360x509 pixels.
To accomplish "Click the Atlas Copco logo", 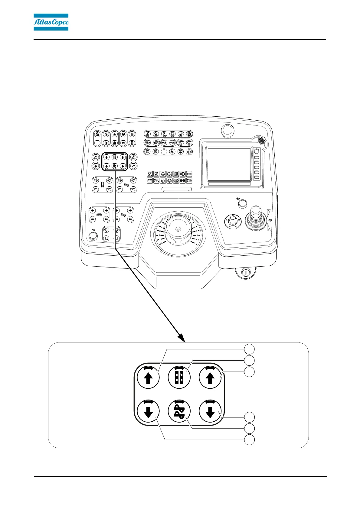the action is (x=51, y=22).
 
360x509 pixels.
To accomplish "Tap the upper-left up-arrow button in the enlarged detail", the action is (x=148, y=378).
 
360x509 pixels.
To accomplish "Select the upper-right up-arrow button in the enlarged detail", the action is (x=210, y=378).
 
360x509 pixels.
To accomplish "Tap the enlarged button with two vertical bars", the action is (x=179, y=378).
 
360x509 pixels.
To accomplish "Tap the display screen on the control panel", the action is (x=229, y=164).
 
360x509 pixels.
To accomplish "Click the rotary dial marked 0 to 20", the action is (x=232, y=219).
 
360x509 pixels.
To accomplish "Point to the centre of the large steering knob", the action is (x=178, y=229).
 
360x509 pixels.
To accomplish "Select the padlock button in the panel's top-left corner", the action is (x=97, y=134).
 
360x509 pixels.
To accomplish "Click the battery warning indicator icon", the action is (x=150, y=181).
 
